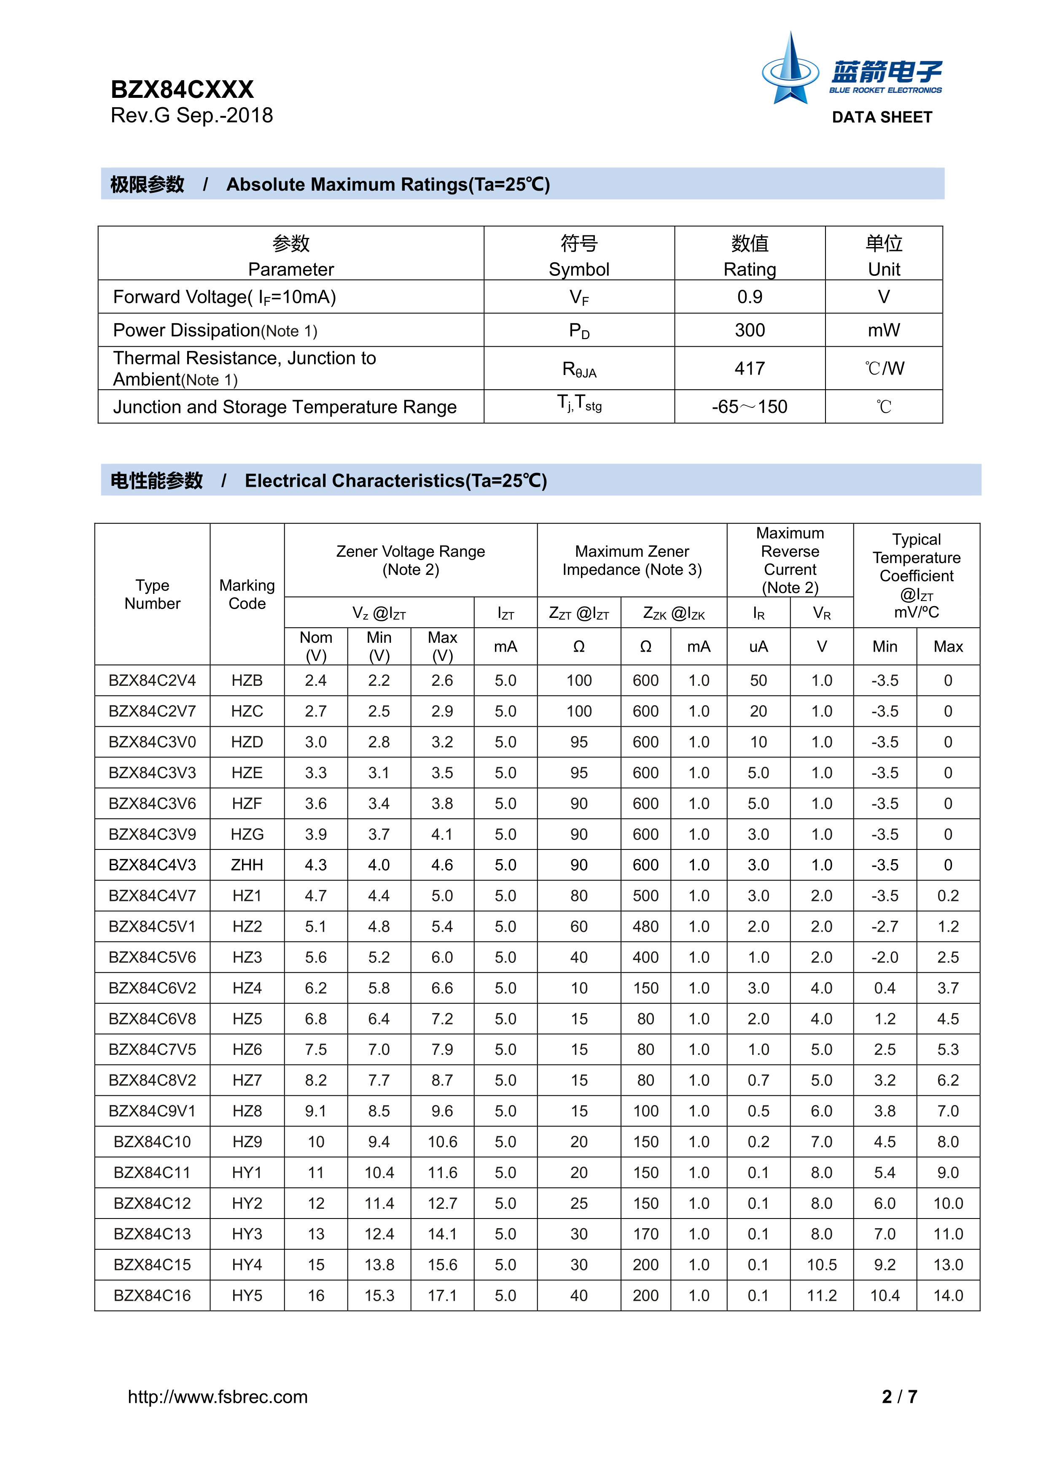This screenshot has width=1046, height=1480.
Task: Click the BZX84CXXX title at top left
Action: [183, 89]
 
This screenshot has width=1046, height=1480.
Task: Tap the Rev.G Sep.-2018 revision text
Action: [191, 116]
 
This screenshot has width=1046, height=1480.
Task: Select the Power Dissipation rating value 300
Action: [750, 330]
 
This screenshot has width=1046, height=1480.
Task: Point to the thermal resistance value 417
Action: [750, 368]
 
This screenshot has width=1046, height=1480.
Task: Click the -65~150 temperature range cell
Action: [750, 407]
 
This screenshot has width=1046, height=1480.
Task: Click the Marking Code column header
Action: [247, 594]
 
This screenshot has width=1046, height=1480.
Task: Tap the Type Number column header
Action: [152, 594]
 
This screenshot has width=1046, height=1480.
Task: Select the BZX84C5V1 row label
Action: [152, 926]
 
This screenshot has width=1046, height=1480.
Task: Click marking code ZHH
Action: [247, 865]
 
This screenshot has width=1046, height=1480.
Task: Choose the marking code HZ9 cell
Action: [247, 1142]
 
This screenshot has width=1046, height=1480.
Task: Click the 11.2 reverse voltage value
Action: [822, 1296]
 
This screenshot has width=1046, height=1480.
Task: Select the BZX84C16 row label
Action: [152, 1296]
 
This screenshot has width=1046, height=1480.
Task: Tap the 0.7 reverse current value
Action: [758, 1080]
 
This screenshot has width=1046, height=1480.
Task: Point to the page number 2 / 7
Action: [899, 1397]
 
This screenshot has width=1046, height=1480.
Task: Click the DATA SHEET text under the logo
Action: [882, 117]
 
